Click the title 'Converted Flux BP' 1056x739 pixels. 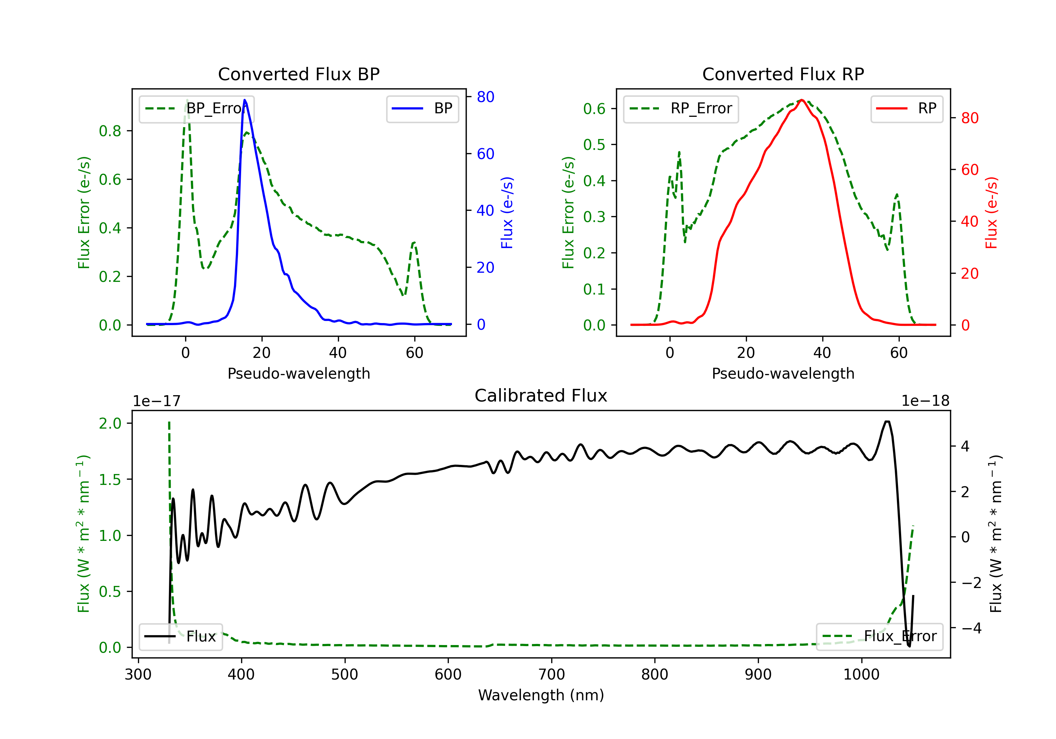pyautogui.click(x=299, y=74)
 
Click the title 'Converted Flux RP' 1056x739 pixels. pyautogui.click(x=783, y=74)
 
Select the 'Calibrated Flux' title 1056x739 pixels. pyautogui.click(x=541, y=396)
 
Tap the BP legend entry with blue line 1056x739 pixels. pyautogui.click(x=422, y=108)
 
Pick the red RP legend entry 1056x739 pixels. pyautogui.click(x=906, y=108)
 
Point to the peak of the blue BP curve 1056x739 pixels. pyautogui.click(x=245, y=100)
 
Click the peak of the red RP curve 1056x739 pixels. pyautogui.click(x=802, y=100)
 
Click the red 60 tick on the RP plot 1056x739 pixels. pyautogui.click(x=970, y=170)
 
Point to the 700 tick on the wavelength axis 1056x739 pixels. pyautogui.click(x=552, y=674)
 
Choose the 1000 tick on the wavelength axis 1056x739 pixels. pyautogui.click(x=861, y=674)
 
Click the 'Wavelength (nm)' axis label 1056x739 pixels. pyautogui.click(x=541, y=695)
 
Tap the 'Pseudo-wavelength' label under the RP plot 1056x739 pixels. pyautogui.click(x=783, y=373)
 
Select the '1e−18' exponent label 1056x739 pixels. pyautogui.click(x=925, y=401)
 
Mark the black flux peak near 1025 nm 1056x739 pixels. pyautogui.click(x=887, y=421)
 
